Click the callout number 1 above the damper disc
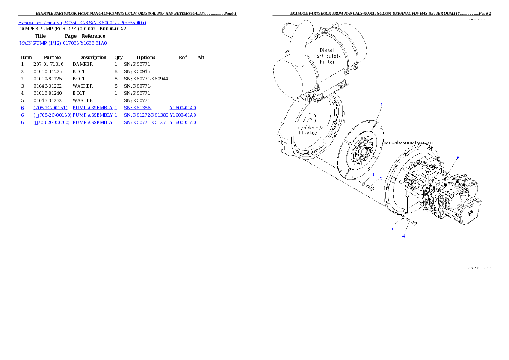point(382,105)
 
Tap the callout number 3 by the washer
point(373,174)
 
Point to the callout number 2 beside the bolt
point(381,179)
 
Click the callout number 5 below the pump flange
point(391,228)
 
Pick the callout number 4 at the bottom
point(403,236)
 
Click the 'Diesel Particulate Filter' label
point(327,56)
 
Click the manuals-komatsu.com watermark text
point(407,142)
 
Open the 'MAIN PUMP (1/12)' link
point(40,43)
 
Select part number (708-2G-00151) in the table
point(50,108)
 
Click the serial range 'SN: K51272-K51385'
point(146,115)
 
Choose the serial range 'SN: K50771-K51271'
point(146,122)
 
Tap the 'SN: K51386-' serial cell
point(138,108)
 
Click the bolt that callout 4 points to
point(411,221)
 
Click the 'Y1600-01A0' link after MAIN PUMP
point(94,43)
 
